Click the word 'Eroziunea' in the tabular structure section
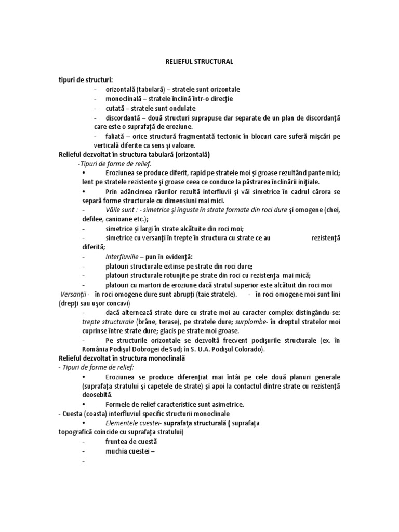tap(121, 172)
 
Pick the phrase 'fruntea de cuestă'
tap(130, 442)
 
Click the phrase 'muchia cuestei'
tap(128, 451)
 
